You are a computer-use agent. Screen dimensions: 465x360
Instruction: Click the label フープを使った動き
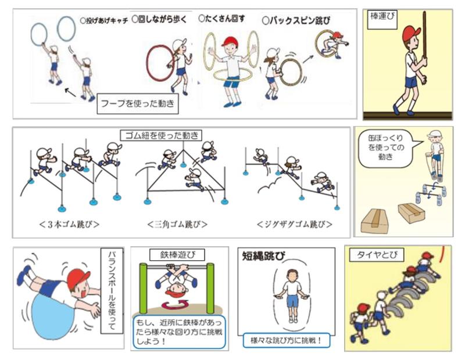click(138, 104)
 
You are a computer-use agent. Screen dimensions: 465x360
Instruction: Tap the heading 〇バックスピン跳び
click(296, 20)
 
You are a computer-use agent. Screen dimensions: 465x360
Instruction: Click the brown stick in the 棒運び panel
click(425, 35)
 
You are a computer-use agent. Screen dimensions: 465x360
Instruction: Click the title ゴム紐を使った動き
click(162, 135)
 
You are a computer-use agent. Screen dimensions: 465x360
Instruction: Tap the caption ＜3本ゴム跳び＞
click(69, 224)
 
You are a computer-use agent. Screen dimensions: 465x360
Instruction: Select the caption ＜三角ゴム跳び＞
click(177, 224)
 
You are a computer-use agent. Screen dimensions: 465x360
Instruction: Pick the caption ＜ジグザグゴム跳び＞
click(295, 224)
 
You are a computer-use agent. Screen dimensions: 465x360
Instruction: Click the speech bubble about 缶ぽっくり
click(386, 148)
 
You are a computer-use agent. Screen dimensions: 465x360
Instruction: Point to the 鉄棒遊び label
click(177, 255)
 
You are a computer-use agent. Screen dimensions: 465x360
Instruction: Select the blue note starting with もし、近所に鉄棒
click(180, 332)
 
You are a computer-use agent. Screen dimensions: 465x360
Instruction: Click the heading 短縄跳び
click(264, 255)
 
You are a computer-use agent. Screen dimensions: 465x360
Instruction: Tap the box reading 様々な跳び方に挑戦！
click(287, 340)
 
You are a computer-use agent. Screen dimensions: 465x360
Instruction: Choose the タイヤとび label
click(377, 255)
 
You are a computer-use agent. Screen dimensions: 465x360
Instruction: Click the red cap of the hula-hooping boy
click(230, 41)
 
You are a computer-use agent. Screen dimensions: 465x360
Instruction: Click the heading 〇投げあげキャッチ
click(104, 21)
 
